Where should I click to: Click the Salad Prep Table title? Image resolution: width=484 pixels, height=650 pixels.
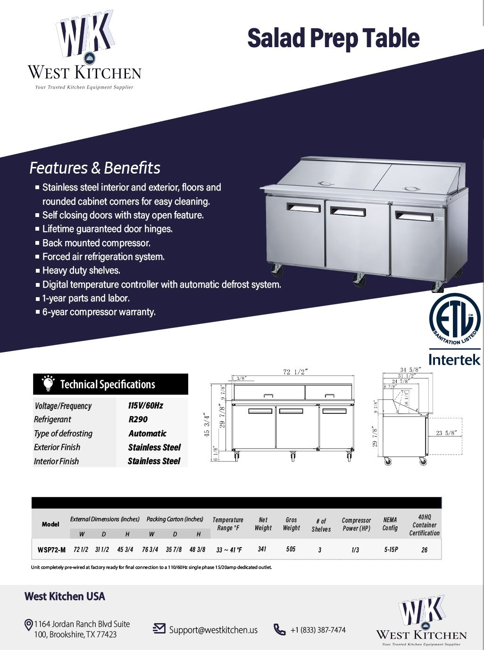pos(333,38)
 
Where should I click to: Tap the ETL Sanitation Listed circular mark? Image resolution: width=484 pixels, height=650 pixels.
pos(454,319)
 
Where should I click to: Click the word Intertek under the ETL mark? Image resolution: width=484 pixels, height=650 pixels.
pos(454,359)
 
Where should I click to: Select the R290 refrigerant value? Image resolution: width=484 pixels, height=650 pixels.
pos(138,419)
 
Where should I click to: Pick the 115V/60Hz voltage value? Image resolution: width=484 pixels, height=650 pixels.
pos(145,406)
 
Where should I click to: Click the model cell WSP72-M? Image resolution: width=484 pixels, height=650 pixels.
pos(51,550)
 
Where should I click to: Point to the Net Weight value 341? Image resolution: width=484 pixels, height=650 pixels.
pos(262,549)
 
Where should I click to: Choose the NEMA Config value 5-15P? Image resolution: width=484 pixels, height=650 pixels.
pos(391,550)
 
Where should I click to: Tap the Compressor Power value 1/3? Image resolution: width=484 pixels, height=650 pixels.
pos(355,550)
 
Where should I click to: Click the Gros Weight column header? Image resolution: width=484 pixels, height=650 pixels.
pos(291,524)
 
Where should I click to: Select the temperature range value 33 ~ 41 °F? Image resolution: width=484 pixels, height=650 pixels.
pos(229,550)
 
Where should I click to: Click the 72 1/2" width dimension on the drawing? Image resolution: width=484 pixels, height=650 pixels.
pos(295,372)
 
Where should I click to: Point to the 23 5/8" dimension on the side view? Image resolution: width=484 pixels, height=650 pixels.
pos(446,433)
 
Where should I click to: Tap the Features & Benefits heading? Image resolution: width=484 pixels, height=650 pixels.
pos(95,168)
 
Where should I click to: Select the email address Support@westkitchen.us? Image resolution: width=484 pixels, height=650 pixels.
pos(213,630)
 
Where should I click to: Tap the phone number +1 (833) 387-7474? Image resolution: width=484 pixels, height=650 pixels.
pos(318,630)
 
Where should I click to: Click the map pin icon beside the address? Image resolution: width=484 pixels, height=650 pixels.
pos(28,625)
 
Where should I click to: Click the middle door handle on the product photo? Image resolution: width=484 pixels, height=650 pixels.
pos(348,212)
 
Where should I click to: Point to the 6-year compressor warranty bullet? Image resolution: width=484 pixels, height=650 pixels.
pos(99,312)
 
